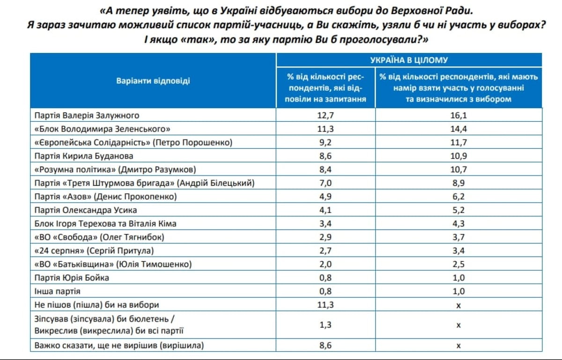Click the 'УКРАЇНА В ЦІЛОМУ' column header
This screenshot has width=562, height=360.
[x=409, y=60]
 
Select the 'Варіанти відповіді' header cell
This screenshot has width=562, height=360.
[x=153, y=81]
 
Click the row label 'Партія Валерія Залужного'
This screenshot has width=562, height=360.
[x=87, y=116]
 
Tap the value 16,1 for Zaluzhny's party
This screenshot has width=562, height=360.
[x=458, y=116]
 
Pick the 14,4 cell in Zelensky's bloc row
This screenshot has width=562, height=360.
[x=458, y=129]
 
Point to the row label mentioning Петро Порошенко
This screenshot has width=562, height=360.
[x=133, y=142]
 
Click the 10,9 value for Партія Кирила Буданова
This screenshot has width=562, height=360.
[x=458, y=156]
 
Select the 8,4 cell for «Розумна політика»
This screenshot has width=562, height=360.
[x=325, y=169]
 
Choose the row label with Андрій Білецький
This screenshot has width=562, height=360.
[x=145, y=183]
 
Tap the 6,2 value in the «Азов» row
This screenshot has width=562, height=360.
[x=458, y=197]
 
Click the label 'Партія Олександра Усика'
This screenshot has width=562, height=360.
[x=86, y=210]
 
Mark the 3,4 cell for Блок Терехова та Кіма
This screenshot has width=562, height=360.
[x=325, y=224]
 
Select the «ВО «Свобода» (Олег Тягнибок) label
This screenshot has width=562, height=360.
[x=99, y=237]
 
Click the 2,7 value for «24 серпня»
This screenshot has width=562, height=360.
[x=325, y=251]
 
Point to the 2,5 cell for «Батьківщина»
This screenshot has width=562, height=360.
[x=458, y=264]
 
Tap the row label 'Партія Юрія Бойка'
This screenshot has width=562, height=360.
[x=72, y=278]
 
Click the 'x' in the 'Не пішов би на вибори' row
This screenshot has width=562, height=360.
[x=458, y=306]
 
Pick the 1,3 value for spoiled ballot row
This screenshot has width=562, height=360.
[x=325, y=325]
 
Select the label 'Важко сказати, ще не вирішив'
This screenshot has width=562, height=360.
[x=119, y=345]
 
